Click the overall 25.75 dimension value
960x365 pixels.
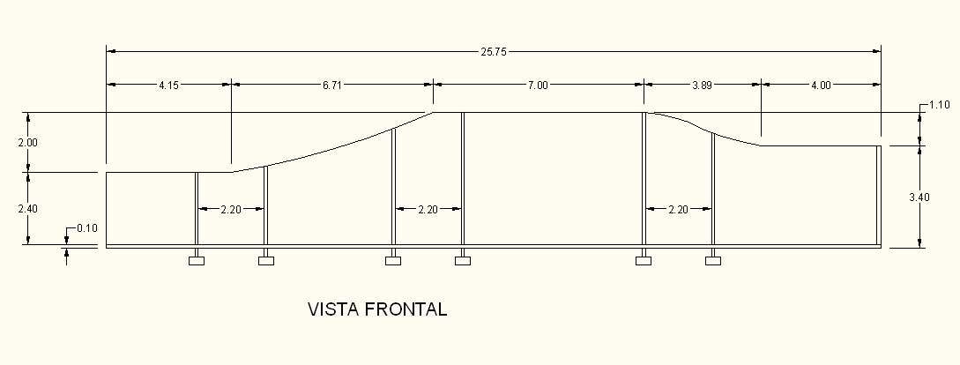click(493, 52)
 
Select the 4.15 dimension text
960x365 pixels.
click(170, 86)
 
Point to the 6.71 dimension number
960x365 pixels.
click(332, 86)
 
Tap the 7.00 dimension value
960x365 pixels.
click(538, 86)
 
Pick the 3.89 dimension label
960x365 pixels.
click(703, 86)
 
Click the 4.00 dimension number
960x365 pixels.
click(820, 86)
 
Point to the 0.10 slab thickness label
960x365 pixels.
click(86, 228)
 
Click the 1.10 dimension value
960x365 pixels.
click(939, 106)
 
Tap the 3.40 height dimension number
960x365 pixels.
click(919, 197)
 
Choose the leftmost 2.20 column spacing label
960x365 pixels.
click(231, 210)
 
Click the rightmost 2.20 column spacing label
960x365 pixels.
click(678, 210)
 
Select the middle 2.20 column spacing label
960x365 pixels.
click(428, 210)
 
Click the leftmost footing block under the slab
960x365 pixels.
click(197, 260)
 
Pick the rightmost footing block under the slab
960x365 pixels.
click(713, 260)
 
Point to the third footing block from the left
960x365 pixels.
click(393, 260)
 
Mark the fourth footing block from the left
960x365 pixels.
click(463, 260)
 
